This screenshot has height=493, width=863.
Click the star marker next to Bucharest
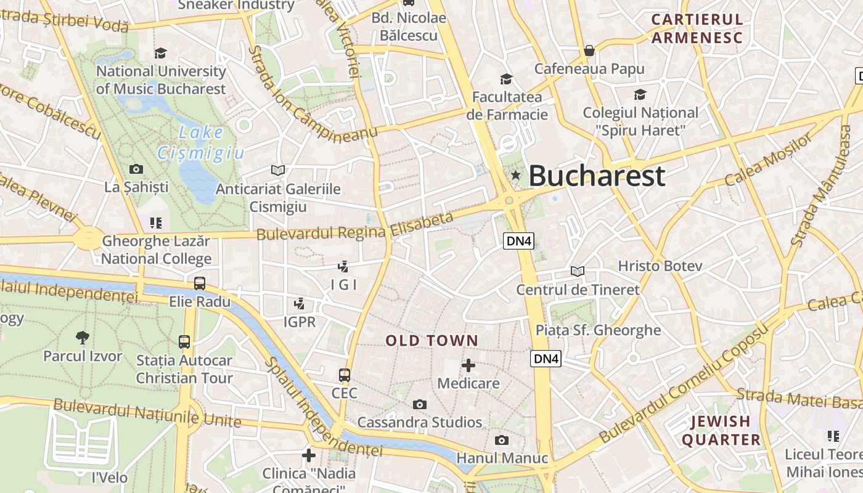(515, 176)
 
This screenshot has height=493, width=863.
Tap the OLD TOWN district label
(431, 340)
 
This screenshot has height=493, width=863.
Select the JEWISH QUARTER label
(721, 430)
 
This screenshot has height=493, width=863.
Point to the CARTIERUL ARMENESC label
(697, 28)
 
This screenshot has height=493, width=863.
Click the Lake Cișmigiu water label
(200, 142)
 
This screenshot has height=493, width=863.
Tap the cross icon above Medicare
(468, 365)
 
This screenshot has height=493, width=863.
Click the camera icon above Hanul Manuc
(502, 440)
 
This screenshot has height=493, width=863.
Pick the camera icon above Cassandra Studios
(420, 404)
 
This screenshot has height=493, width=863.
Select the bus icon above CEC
(345, 375)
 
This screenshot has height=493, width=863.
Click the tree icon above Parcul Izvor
(82, 337)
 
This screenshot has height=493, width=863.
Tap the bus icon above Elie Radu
(200, 283)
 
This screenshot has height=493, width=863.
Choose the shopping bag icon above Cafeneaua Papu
(589, 51)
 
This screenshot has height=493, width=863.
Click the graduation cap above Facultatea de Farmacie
(507, 79)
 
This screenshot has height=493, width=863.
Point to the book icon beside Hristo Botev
(578, 271)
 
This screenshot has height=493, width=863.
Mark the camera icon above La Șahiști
(136, 169)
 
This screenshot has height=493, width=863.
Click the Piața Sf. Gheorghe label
(598, 330)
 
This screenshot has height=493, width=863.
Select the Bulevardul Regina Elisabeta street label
(354, 227)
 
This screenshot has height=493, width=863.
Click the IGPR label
(300, 322)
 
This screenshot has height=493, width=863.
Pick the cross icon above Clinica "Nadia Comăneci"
(309, 455)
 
